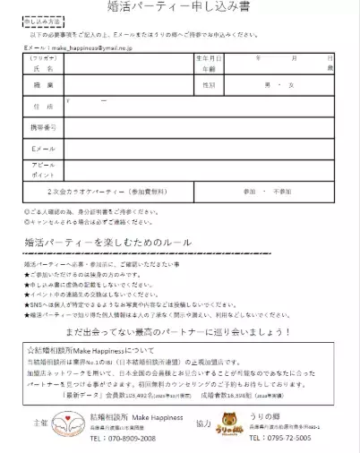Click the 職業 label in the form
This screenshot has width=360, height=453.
point(39,84)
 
